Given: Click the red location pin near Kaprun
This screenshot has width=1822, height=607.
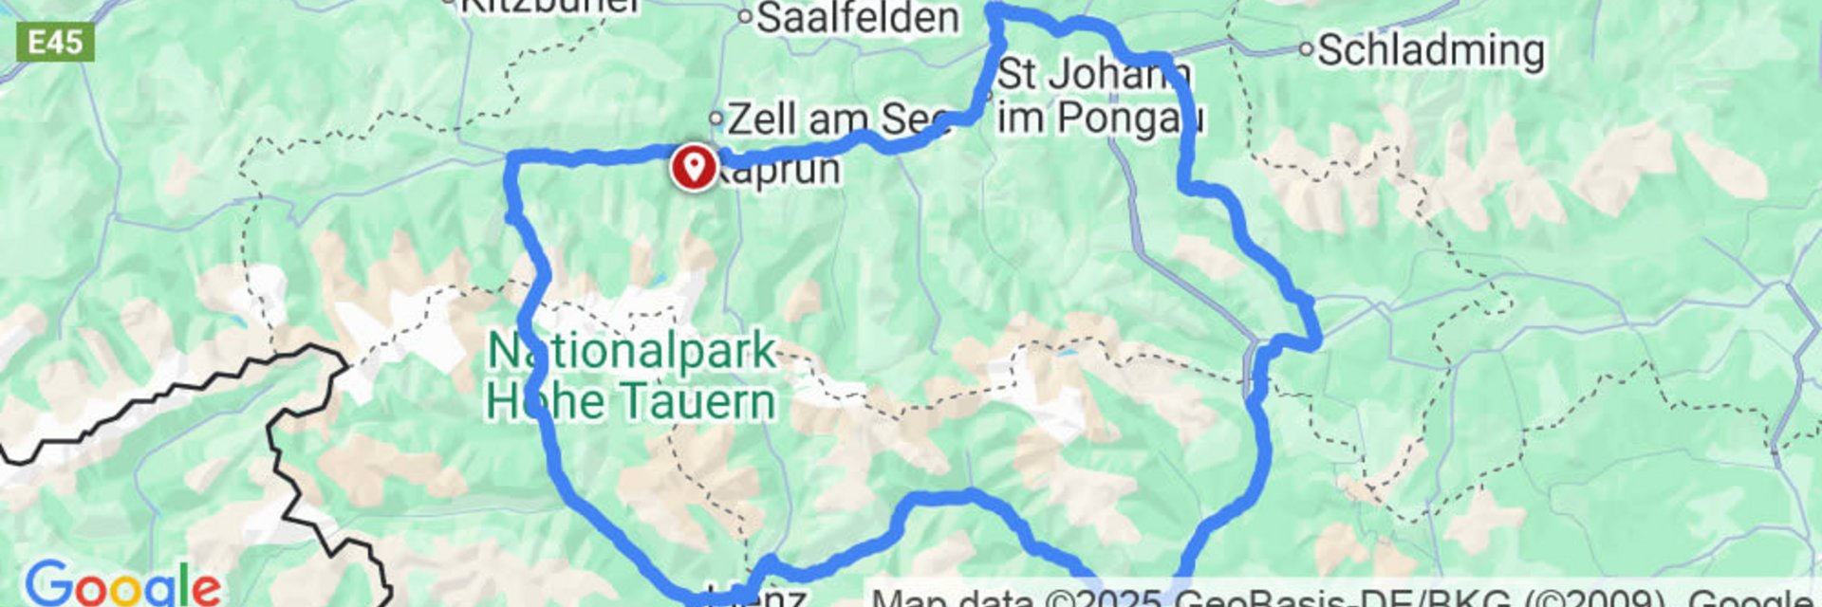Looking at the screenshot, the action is click(x=695, y=167).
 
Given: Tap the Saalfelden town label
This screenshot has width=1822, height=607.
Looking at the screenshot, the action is click(x=858, y=17).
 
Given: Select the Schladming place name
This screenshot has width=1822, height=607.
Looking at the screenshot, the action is click(x=1431, y=50).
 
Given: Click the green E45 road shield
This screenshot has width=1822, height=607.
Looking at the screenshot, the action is click(x=56, y=43).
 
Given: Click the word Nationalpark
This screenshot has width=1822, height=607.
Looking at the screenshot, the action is click(x=632, y=351).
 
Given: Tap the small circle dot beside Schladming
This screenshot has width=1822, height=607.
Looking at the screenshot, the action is click(x=1307, y=49).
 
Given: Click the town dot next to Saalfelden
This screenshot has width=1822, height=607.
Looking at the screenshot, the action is click(x=745, y=16).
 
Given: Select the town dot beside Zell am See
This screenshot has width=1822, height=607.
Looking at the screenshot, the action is click(x=717, y=119).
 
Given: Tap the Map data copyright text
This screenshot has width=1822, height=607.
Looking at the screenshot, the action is click(x=1338, y=598).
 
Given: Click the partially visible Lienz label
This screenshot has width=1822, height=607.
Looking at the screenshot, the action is click(x=750, y=598).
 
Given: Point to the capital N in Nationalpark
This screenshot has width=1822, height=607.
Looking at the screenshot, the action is click(x=504, y=351).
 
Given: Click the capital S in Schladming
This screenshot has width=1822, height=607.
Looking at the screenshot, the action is click(x=1333, y=50).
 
